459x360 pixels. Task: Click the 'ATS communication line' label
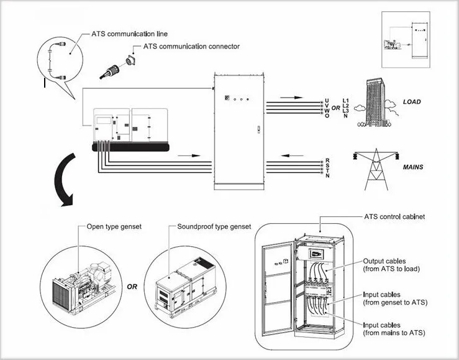(129, 34)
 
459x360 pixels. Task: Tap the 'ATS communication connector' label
(191, 46)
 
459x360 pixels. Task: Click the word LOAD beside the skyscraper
(412, 102)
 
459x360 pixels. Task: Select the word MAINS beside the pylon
(413, 167)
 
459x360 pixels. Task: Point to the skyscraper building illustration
(376, 103)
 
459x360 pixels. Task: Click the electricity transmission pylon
(376, 169)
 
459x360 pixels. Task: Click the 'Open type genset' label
(114, 227)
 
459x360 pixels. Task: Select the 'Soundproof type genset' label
(214, 226)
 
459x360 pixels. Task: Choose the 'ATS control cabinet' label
(394, 217)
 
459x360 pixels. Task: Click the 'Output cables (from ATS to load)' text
(391, 265)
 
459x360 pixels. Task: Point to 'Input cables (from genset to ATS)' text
(395, 298)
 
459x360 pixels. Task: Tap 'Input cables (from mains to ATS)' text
(394, 329)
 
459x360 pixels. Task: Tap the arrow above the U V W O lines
(291, 98)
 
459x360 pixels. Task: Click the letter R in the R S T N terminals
(327, 160)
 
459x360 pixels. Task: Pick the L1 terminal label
(345, 101)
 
